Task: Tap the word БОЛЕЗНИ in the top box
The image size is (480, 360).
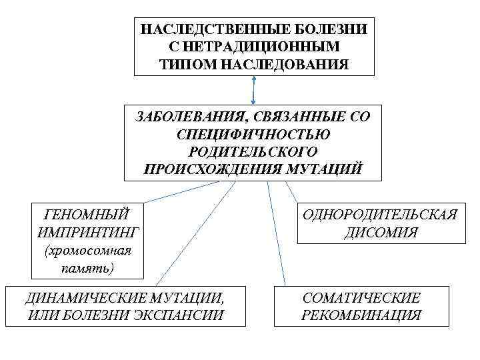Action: tap(341, 30)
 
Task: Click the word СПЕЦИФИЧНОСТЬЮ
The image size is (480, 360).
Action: tap(253, 135)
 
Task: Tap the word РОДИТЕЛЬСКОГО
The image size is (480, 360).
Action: tap(253, 152)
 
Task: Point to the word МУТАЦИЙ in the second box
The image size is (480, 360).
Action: tap(332, 169)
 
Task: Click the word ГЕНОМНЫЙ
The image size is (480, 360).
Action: tap(86, 215)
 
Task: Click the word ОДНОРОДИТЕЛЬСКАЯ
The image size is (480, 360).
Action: tap(379, 215)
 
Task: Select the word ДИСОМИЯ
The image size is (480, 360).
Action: tap(381, 233)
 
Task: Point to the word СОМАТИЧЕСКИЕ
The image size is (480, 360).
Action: tap(361, 297)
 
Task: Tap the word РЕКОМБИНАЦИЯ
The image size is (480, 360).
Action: tap(361, 315)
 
